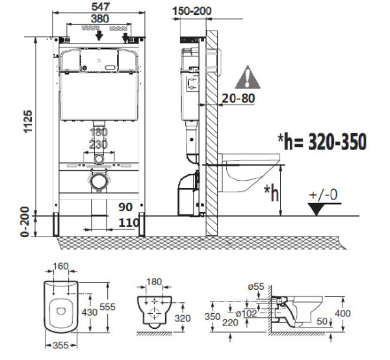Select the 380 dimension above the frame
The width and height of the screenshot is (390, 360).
point(99,19)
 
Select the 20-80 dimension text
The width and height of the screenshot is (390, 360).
point(239,98)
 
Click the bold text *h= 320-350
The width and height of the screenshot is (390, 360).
point(321,141)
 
